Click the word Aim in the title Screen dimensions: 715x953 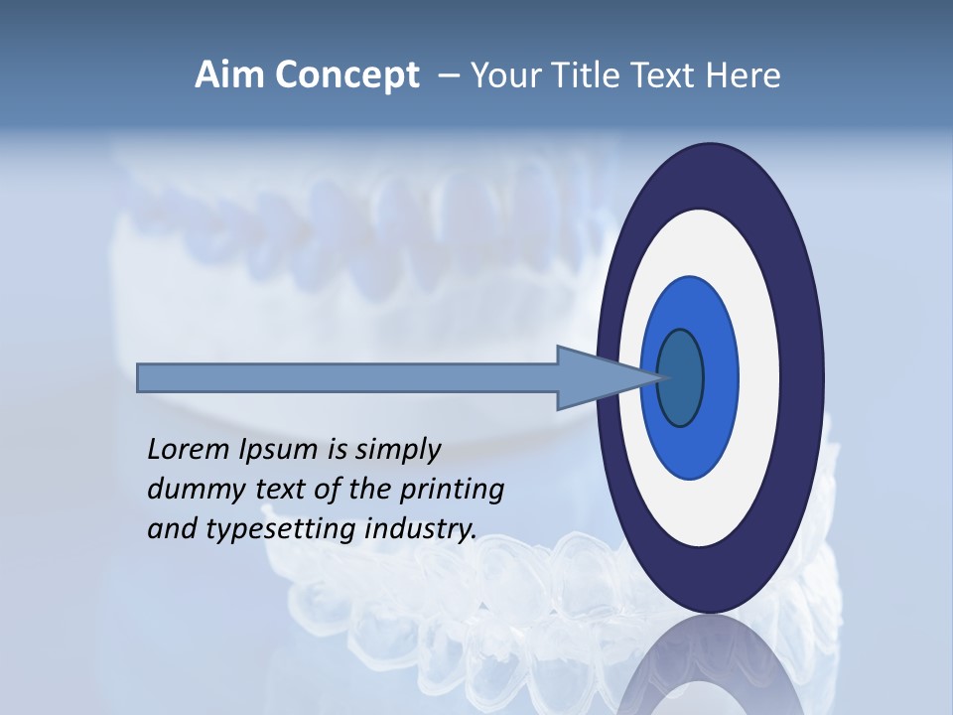(227, 75)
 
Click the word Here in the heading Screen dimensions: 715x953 (745, 75)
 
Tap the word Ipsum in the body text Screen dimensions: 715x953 (277, 451)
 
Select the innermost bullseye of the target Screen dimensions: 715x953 (680, 377)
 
